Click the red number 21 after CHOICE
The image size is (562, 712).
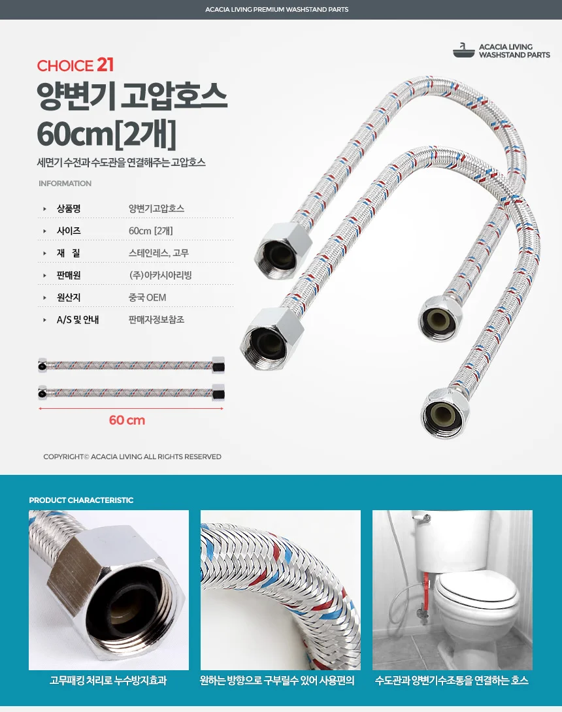click(105, 65)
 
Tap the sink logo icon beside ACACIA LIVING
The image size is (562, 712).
click(463, 50)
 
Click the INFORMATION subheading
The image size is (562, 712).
click(65, 184)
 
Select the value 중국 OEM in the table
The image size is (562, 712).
click(147, 297)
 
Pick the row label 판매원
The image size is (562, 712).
click(69, 275)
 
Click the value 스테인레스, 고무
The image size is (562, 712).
click(159, 253)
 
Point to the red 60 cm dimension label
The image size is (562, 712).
click(127, 420)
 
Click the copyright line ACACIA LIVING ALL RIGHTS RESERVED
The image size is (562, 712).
click(132, 457)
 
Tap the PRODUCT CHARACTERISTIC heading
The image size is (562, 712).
click(81, 500)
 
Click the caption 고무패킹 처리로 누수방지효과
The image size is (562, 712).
click(108, 680)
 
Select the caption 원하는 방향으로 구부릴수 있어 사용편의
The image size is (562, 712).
click(277, 680)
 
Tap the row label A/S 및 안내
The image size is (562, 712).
click(78, 319)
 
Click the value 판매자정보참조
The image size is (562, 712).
click(156, 319)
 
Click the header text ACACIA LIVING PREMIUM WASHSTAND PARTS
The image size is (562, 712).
click(276, 9)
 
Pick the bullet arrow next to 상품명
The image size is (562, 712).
click(44, 209)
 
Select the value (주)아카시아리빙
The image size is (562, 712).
click(160, 275)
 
